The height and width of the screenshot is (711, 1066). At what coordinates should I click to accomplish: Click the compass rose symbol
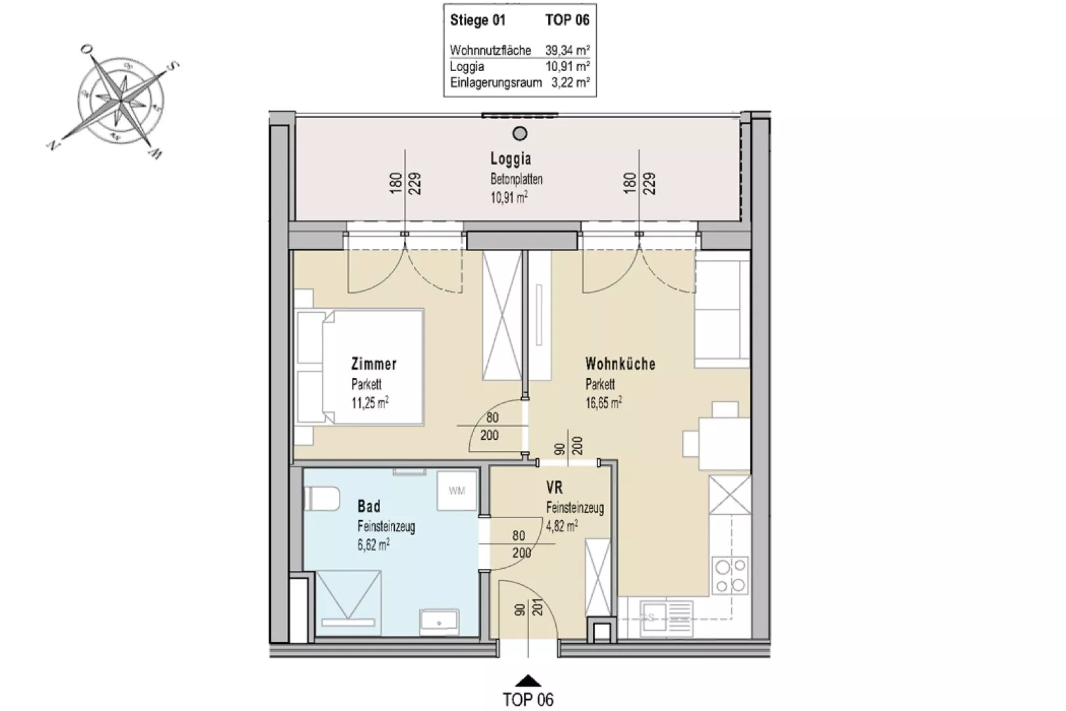[x=121, y=101]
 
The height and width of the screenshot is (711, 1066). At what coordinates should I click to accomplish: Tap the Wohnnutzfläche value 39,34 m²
[x=568, y=50]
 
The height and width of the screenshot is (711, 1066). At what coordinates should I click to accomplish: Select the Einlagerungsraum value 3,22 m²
[x=571, y=82]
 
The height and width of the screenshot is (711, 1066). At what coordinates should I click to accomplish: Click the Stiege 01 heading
[x=477, y=20]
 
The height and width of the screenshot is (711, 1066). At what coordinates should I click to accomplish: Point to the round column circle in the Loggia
[x=520, y=134]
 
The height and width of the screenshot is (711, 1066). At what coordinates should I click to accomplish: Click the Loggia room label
[x=511, y=158]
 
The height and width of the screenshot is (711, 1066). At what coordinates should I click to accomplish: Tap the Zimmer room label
[x=374, y=364]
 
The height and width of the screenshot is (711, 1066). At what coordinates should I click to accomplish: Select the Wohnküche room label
[x=620, y=364]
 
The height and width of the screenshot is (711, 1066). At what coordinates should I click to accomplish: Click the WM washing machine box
[x=457, y=490]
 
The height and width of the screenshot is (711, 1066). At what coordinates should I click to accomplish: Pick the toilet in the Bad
[x=322, y=498]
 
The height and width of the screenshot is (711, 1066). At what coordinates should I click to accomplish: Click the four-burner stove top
[x=730, y=575]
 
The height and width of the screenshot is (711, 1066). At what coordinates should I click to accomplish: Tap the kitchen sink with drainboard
[x=666, y=618]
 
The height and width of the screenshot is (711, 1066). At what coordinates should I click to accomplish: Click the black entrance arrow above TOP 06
[x=528, y=681]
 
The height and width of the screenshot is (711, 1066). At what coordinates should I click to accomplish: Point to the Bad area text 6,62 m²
[x=374, y=545]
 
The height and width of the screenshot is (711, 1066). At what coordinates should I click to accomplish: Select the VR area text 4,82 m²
[x=562, y=526]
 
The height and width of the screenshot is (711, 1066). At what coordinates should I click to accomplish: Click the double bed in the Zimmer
[x=360, y=367]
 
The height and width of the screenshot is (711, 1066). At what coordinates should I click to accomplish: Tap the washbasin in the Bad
[x=439, y=621]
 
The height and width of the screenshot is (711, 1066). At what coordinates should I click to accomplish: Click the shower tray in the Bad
[x=348, y=604]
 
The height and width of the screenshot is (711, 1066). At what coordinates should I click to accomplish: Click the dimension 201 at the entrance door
[x=538, y=607]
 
